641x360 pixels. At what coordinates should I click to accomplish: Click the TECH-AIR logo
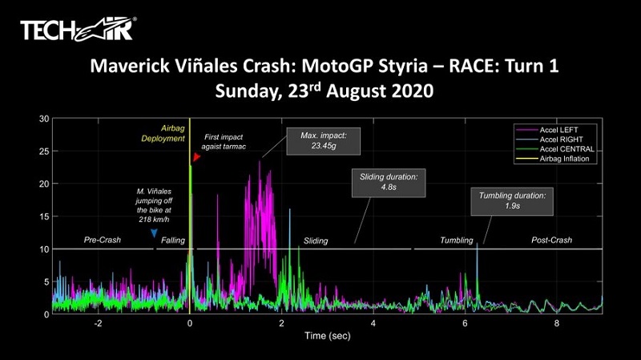(77, 30)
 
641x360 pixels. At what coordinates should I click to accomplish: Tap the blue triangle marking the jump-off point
(154, 233)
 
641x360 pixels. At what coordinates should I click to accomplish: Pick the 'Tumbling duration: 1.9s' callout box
(512, 200)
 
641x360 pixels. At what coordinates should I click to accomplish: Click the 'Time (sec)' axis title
(327, 336)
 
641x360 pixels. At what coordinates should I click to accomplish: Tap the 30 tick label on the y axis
(43, 119)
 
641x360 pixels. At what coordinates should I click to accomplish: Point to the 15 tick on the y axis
(43, 216)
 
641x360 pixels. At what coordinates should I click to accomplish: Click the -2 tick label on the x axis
(98, 323)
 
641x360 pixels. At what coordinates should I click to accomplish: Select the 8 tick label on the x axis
(556, 323)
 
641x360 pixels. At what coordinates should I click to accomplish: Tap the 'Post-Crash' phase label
(552, 240)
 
